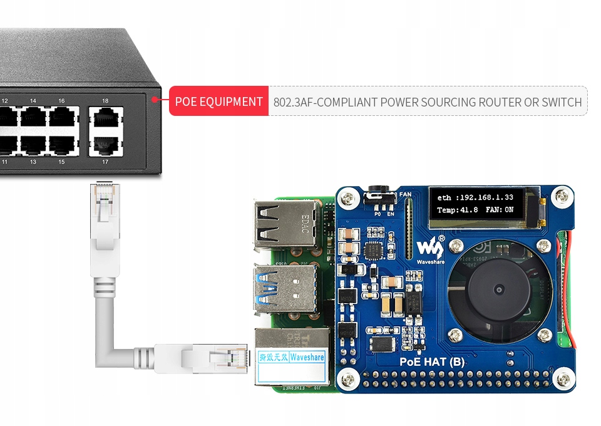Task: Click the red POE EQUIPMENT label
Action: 218,101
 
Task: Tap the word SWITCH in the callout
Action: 561,102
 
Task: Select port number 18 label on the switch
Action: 105,101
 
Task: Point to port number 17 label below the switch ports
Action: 105,162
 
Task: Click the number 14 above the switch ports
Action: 33,101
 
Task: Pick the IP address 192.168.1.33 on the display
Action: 483,198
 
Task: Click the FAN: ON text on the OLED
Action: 500,210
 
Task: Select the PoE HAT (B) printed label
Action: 433,361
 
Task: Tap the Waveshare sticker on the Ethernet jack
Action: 307,358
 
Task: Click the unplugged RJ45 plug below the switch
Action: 104,210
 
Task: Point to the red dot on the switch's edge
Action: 155,98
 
